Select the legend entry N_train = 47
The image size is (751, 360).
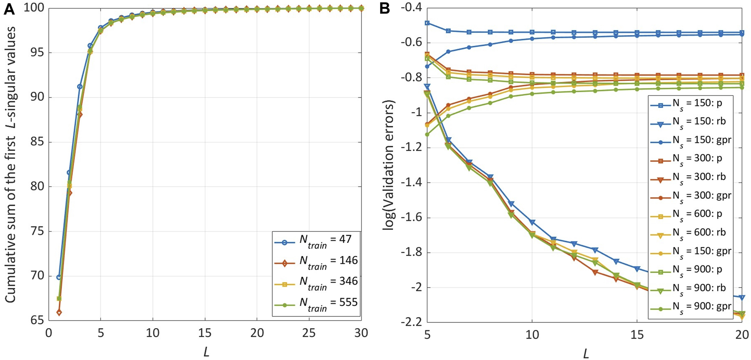point(316,242)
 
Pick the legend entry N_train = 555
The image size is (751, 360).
point(316,305)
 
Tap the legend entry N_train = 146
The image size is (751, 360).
point(316,263)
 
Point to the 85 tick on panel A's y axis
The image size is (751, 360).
point(37,142)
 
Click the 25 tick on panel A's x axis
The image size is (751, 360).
point(309,333)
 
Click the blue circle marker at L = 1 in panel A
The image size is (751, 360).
point(59,277)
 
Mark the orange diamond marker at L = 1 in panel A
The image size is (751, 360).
point(59,313)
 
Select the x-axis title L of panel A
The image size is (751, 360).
point(206,352)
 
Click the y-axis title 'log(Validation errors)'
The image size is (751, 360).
point(389,165)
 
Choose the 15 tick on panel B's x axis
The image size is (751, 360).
point(637,335)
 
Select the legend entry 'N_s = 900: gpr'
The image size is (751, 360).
point(691,306)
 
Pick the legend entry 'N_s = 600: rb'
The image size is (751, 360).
point(691,232)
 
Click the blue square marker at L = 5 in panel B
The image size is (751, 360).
point(427,23)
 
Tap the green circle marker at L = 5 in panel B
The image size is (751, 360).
point(427,134)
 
